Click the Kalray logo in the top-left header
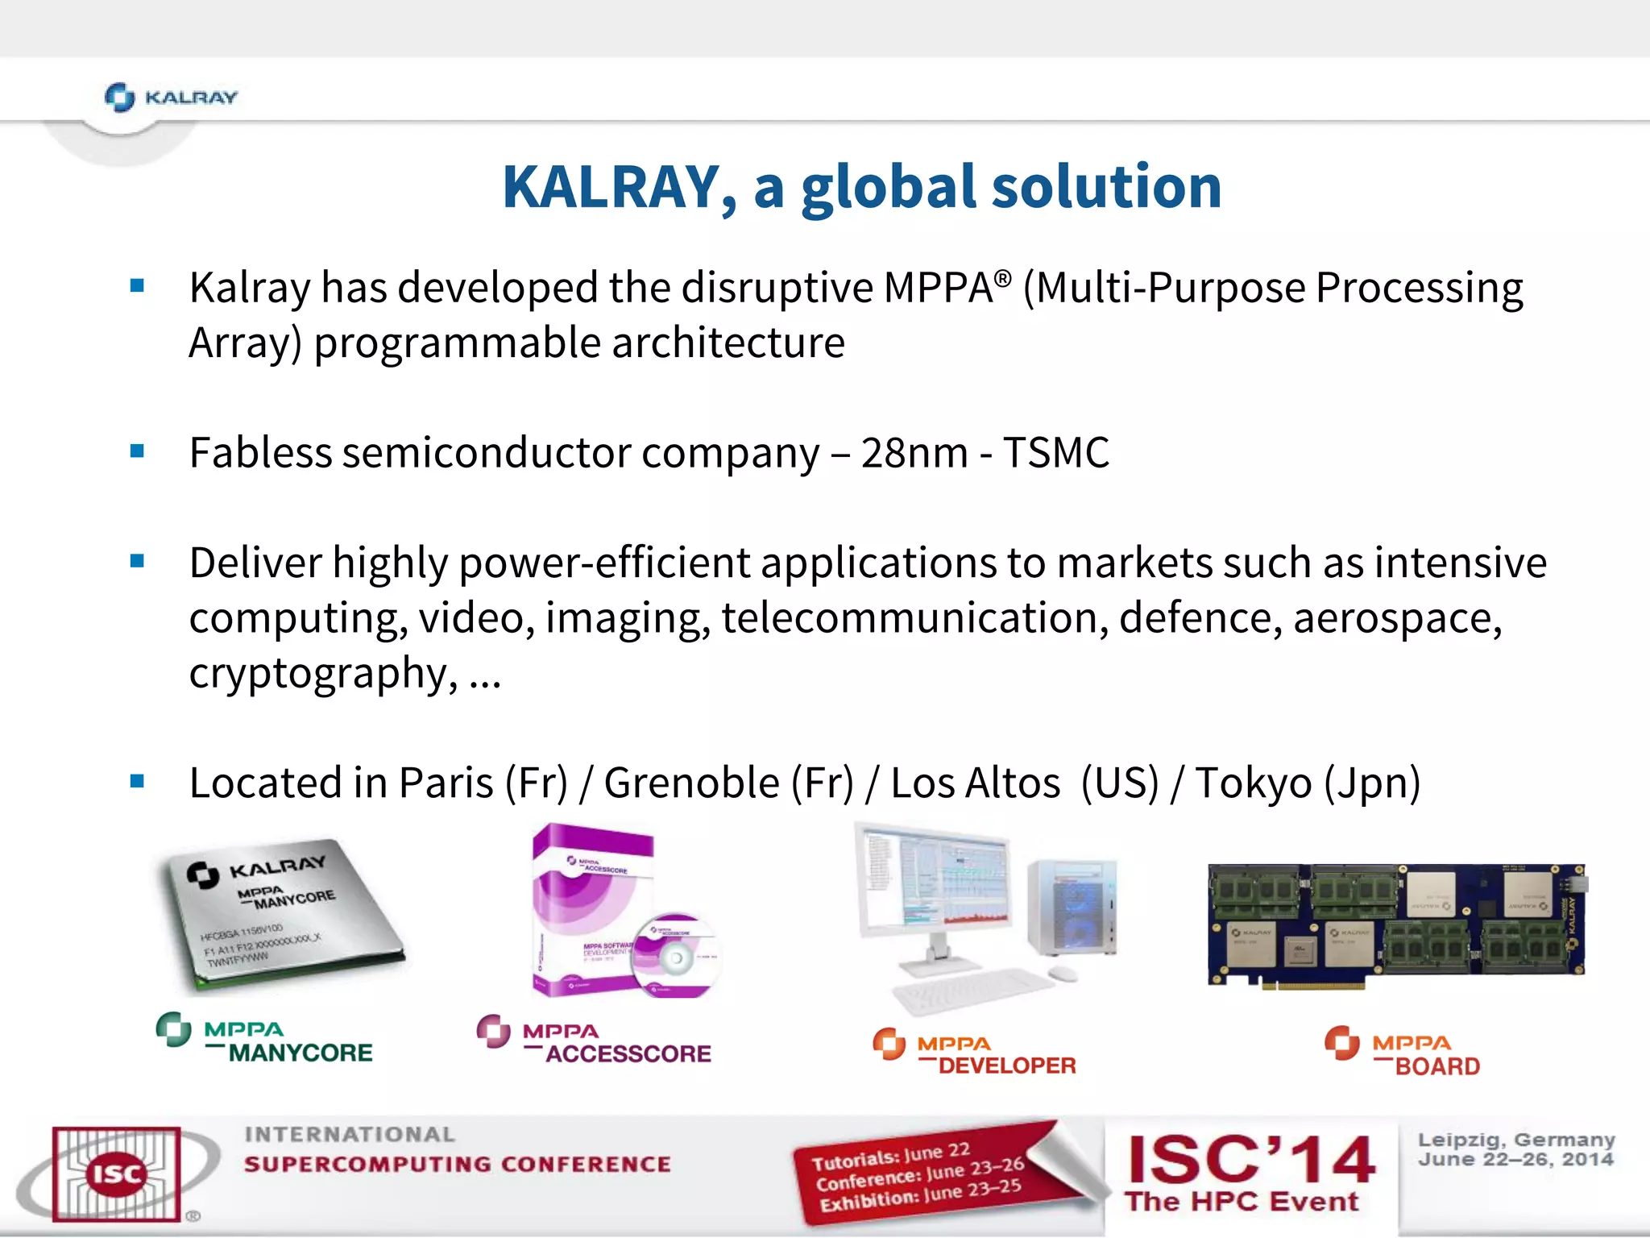point(171,98)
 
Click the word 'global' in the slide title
point(887,187)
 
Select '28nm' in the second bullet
point(914,452)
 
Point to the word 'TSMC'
point(1055,452)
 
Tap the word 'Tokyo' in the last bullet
point(1253,783)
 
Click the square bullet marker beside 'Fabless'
point(137,451)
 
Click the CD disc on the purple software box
point(676,956)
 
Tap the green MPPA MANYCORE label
point(265,1041)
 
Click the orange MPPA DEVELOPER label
point(974,1054)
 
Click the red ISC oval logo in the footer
point(116,1174)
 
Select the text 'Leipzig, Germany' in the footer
point(1515,1140)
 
